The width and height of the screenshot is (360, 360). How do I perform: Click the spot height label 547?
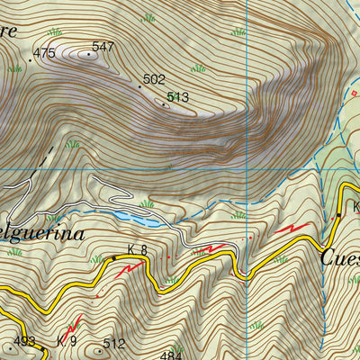[103, 46]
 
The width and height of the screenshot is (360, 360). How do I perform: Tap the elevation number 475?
[44, 54]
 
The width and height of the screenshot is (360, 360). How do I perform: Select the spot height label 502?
[155, 80]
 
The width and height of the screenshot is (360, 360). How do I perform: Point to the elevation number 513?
[177, 96]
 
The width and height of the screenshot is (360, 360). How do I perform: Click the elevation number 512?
[113, 343]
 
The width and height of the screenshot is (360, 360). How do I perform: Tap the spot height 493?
[23, 342]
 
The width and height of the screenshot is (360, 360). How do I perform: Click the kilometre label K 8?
[137, 249]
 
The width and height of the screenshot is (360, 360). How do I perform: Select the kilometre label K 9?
[67, 341]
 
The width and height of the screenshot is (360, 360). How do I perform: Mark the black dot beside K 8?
[114, 258]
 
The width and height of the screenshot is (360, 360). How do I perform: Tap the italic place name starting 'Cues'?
[340, 256]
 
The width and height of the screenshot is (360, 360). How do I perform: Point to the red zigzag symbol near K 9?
[72, 321]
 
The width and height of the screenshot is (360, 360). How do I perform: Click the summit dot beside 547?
[89, 53]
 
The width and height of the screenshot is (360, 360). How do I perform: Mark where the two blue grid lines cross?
[246, 168]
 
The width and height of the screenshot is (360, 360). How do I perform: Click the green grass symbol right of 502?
[197, 67]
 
